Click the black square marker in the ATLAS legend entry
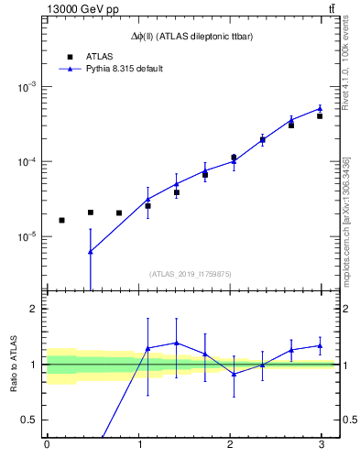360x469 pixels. (x=70, y=56)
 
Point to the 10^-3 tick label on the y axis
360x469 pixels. (x=27, y=87)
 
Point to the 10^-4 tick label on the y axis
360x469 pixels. (x=27, y=162)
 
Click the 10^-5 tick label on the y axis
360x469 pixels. (x=27, y=236)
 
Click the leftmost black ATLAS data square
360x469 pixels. (x=61, y=220)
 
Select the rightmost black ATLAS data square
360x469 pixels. (x=320, y=116)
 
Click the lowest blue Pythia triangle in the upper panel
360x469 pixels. (x=90, y=252)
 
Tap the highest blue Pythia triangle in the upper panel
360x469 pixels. (x=320, y=108)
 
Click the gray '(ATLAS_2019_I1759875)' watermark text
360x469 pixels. (x=191, y=273)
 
